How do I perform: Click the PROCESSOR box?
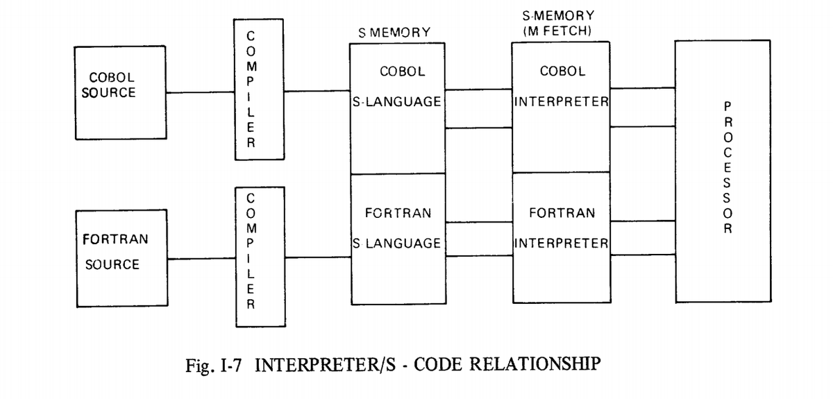pyautogui.click(x=722, y=170)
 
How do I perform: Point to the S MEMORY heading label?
pyautogui.click(x=395, y=33)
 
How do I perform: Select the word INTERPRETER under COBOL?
pyautogui.click(x=562, y=102)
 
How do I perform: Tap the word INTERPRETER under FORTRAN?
pyautogui.click(x=562, y=243)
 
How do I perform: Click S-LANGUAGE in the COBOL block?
pyautogui.click(x=396, y=102)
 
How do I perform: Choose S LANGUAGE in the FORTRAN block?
pyautogui.click(x=396, y=243)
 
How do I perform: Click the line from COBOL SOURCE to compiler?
pyautogui.click(x=201, y=92)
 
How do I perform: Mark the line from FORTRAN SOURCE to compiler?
pyautogui.click(x=201, y=260)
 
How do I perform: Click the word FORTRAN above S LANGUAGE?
pyautogui.click(x=397, y=213)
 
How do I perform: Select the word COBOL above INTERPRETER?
pyautogui.click(x=562, y=71)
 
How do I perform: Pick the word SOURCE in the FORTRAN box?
pyautogui.click(x=112, y=264)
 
